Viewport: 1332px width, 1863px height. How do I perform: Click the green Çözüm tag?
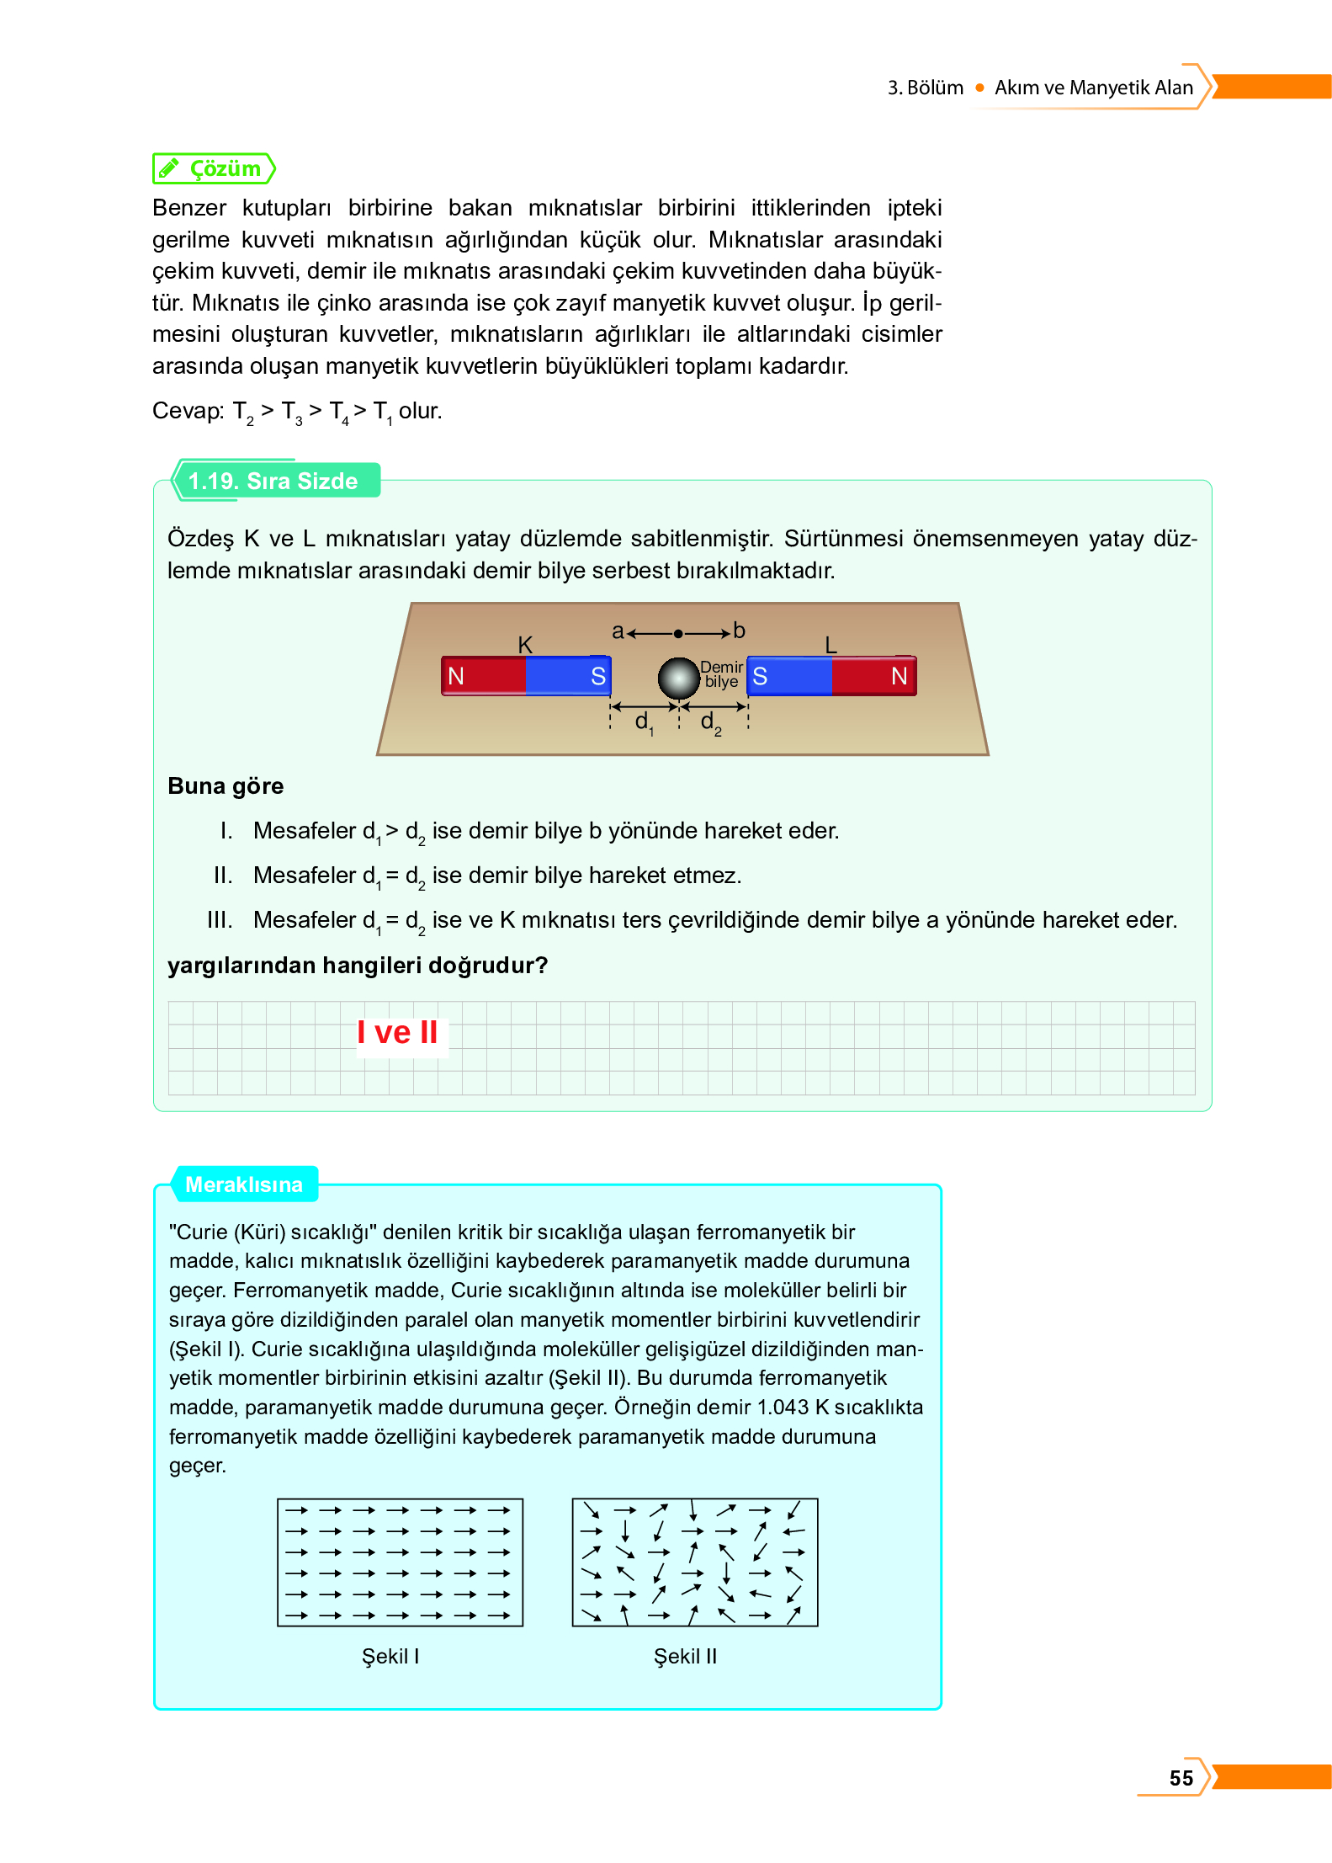point(214,168)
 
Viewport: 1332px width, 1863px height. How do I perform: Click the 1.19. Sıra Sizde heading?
point(273,481)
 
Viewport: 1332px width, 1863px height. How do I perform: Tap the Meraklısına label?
point(243,1184)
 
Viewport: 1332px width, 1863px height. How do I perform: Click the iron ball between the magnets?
point(678,678)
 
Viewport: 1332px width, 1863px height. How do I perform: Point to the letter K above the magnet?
point(525,645)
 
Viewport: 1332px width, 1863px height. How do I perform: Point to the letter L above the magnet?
point(831,645)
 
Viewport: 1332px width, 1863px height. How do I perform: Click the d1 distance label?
point(644,721)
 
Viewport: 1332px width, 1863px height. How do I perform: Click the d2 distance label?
point(710,721)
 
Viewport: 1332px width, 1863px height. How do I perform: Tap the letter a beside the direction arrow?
point(618,631)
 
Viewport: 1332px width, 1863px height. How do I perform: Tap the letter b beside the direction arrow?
point(739,631)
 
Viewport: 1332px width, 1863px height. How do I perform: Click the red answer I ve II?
point(397,1032)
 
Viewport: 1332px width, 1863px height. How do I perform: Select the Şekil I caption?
point(390,1656)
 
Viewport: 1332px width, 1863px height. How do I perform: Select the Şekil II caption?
point(685,1656)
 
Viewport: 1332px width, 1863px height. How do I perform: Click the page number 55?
point(1181,1777)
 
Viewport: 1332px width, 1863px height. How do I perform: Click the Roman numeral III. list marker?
point(220,919)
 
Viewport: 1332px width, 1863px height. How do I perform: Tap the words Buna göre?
point(226,785)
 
